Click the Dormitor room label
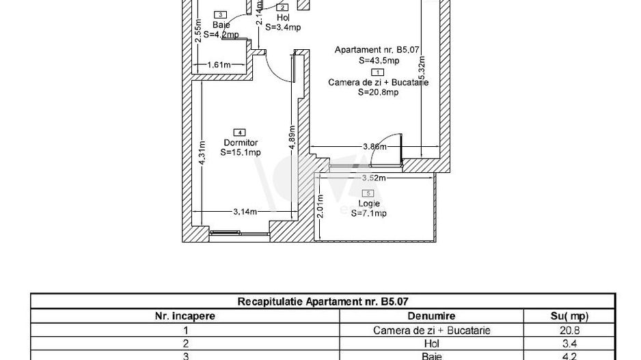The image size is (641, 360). point(238,143)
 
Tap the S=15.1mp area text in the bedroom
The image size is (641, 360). point(241,153)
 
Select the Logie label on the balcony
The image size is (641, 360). point(368,204)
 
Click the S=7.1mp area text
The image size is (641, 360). point(369,213)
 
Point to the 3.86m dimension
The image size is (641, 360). point(374,147)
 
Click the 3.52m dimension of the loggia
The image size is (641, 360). point(374,179)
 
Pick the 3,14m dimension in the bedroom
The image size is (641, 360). point(245,212)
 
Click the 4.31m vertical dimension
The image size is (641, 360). point(201,154)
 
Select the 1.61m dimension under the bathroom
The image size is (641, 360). point(219,65)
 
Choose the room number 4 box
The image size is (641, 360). point(238,132)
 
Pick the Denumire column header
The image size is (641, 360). point(431,316)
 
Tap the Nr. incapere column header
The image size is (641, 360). point(186,316)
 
